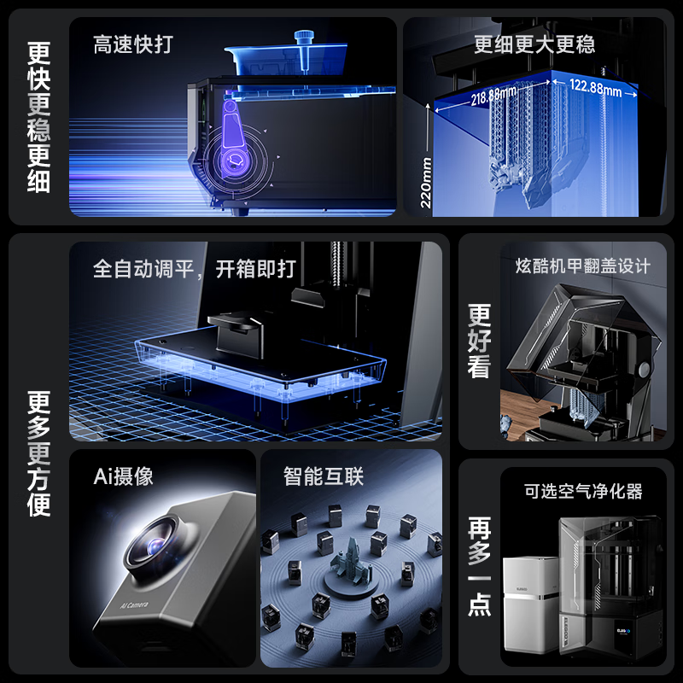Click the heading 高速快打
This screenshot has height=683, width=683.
coord(133,44)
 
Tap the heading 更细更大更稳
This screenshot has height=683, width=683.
coord(534,44)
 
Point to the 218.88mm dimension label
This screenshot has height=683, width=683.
coord(493,96)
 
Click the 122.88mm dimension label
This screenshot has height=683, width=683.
coord(595,87)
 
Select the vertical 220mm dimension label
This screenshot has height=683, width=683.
coord(425,183)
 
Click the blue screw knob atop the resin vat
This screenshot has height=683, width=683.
coord(304,49)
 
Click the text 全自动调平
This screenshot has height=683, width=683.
coord(143,269)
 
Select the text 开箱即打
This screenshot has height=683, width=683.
coord(255,269)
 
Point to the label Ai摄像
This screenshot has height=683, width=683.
coord(123,476)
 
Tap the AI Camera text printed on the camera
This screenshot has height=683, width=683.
coord(134,604)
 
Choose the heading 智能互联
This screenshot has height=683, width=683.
coord(324,476)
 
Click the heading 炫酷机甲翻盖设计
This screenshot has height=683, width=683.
coord(583,266)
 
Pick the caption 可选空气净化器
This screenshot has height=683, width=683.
coord(583,492)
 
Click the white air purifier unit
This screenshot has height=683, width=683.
coord(531,604)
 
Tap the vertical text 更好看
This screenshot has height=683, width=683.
coord(479,341)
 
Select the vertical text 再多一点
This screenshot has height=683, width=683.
coord(479,567)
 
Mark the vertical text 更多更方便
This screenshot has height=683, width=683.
coord(38,453)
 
